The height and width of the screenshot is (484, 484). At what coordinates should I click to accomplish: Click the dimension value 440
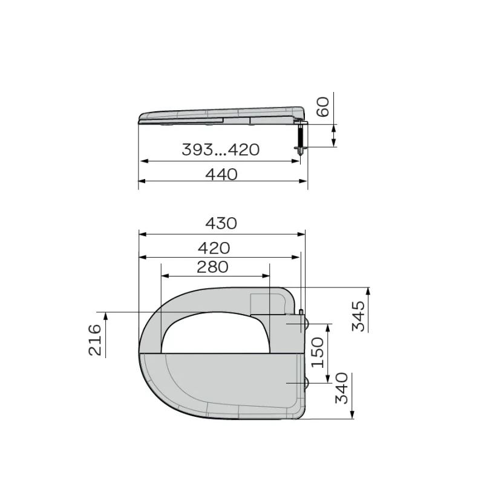coord(221,174)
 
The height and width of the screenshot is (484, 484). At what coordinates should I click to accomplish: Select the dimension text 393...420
coord(220,150)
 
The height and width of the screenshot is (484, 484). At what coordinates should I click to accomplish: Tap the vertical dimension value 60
coord(322,109)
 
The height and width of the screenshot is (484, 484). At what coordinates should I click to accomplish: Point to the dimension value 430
coord(221,223)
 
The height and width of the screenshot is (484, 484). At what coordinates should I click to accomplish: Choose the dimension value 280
coord(212,266)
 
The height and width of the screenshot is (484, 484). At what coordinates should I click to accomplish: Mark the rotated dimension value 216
coord(95,339)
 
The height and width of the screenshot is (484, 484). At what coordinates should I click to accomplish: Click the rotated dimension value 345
coord(359,315)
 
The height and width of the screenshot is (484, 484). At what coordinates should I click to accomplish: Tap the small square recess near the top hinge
coord(260,302)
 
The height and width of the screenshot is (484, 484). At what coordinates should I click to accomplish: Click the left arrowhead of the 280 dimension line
coord(164,275)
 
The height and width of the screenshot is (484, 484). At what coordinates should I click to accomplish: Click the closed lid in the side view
coord(221,114)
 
